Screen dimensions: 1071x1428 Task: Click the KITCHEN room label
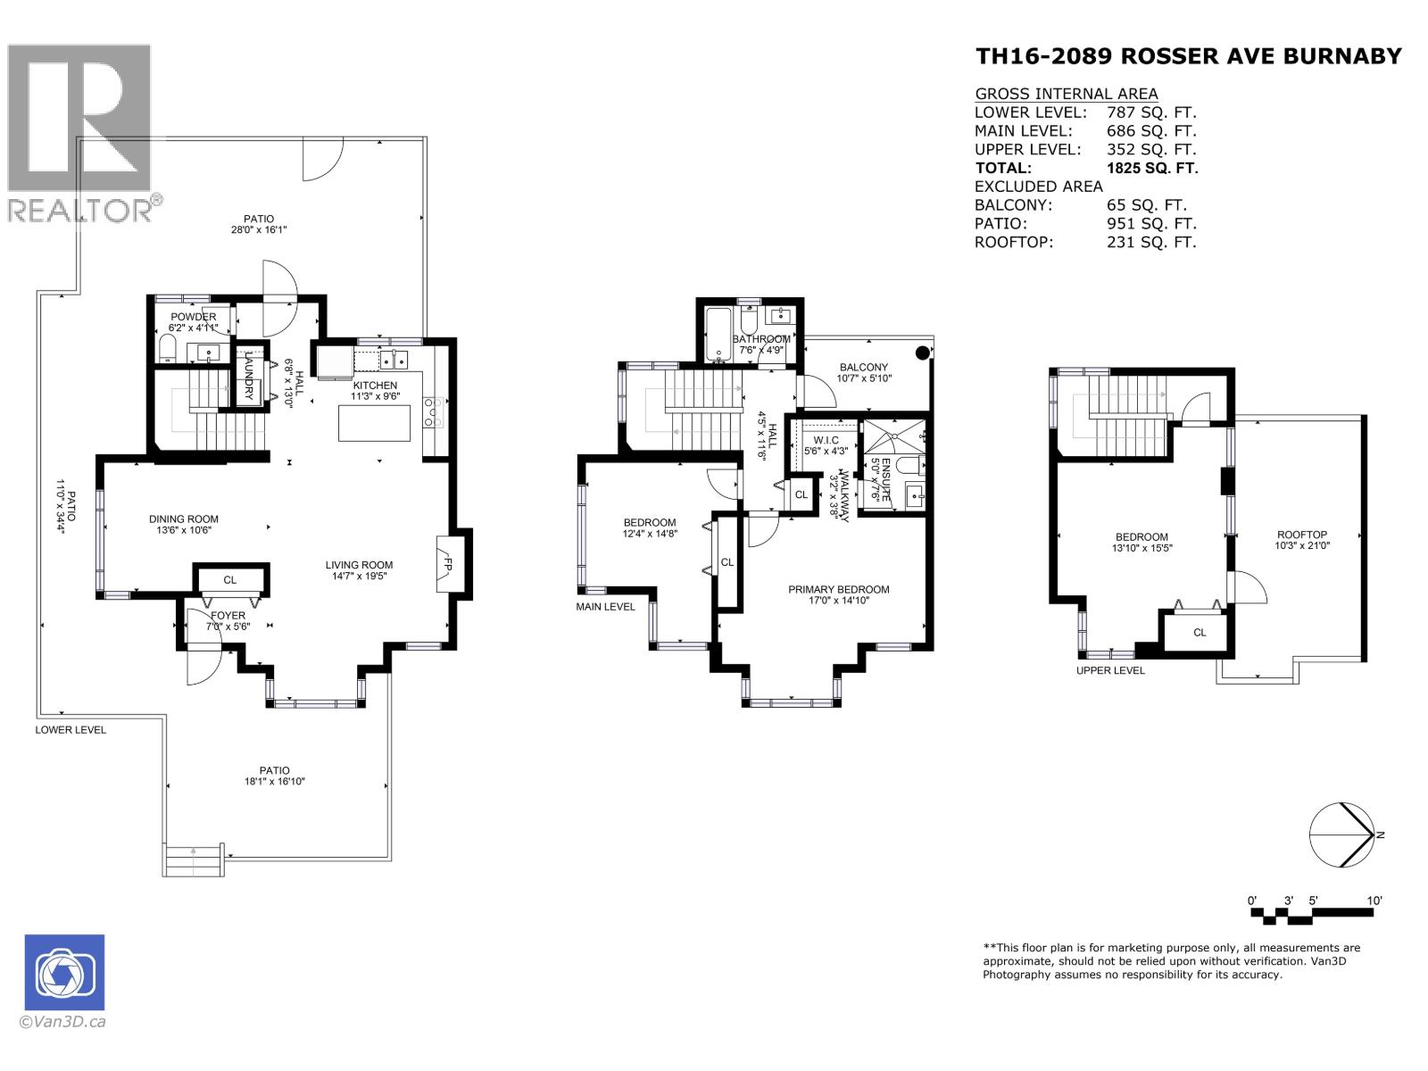(x=375, y=386)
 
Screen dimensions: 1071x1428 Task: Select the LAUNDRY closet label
(x=250, y=376)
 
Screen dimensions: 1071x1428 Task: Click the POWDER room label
(x=193, y=317)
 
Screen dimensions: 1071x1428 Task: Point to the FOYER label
(x=228, y=616)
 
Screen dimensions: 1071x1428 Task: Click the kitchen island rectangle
(x=375, y=423)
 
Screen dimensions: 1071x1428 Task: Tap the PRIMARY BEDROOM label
(x=838, y=589)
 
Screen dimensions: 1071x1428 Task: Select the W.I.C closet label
(x=821, y=440)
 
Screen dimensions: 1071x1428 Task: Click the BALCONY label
(x=863, y=367)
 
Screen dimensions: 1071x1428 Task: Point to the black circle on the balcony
(x=922, y=353)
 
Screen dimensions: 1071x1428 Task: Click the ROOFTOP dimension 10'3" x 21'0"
(x=1302, y=545)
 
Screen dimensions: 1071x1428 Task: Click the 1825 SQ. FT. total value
(x=1151, y=168)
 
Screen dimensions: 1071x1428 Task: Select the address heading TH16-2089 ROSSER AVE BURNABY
(x=1189, y=56)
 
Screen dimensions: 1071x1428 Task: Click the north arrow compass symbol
(x=1341, y=834)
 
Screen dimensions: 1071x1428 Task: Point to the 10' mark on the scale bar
(x=1374, y=901)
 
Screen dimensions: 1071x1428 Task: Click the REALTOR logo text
(x=80, y=211)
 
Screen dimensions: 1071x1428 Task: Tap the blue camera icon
(x=64, y=972)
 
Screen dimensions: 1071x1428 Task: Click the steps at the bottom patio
(x=193, y=861)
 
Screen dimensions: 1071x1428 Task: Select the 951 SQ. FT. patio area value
(x=1150, y=223)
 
